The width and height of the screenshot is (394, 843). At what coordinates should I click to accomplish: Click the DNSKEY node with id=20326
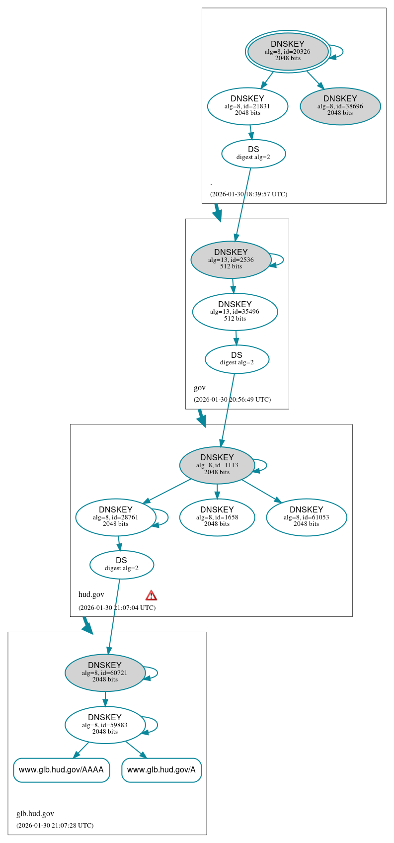coord(288,51)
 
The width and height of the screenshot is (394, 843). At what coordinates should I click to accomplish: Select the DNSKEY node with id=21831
coord(247,106)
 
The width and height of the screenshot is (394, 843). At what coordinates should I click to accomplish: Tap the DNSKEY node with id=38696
coord(340,106)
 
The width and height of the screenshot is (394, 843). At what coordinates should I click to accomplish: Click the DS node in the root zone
coord(253,154)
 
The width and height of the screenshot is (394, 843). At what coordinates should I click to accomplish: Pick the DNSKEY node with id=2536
coord(231,259)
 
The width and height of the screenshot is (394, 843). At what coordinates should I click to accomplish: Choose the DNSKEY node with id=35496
coord(235,312)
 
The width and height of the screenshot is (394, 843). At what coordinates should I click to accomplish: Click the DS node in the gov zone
coord(237,359)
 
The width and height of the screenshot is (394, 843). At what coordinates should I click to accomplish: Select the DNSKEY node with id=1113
coord(217,465)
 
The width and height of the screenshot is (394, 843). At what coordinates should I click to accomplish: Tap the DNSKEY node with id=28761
coord(116,517)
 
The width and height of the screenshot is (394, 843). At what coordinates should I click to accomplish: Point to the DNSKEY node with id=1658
coord(217,517)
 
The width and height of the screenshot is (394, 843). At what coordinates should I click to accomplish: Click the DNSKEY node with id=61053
coord(307,517)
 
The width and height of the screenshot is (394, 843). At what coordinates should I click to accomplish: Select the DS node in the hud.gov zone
coord(122,565)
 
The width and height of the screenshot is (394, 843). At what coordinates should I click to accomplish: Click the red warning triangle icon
coord(151,595)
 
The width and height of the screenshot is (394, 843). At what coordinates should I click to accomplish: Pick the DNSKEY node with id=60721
coord(105,673)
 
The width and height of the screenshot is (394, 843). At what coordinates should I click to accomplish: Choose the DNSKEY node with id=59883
coord(105,725)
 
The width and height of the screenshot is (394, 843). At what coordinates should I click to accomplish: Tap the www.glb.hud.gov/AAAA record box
coord(61,770)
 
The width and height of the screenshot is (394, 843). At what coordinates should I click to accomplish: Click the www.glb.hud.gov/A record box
coord(161,770)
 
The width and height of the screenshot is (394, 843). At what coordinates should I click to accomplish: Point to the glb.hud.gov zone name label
coord(35,814)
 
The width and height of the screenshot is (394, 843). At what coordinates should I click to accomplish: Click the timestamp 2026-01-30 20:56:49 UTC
coord(232,400)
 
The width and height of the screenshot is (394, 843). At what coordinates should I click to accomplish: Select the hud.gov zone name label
coord(91,594)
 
